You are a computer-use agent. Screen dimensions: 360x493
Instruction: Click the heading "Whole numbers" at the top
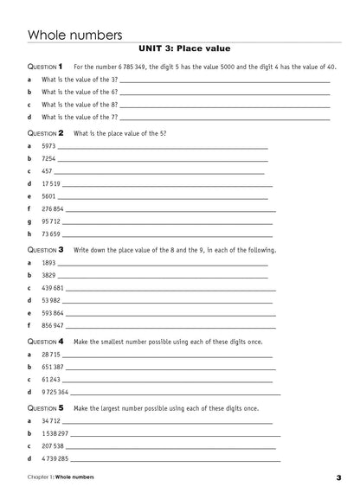[70, 33]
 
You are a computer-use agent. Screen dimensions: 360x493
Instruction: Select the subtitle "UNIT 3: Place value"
[180, 48]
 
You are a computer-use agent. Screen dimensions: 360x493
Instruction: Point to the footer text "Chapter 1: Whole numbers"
[61, 477]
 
